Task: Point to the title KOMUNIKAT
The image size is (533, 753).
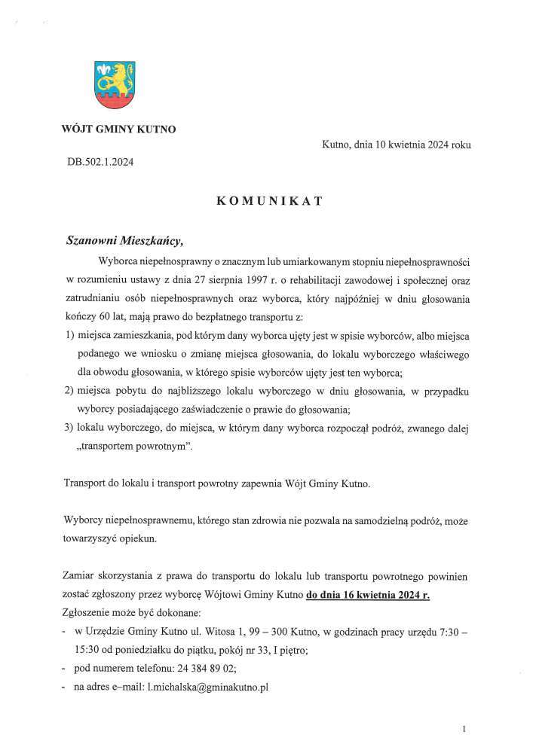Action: pyautogui.click(x=269, y=201)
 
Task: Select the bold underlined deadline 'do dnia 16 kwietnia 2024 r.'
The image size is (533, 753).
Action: pyautogui.click(x=369, y=595)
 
